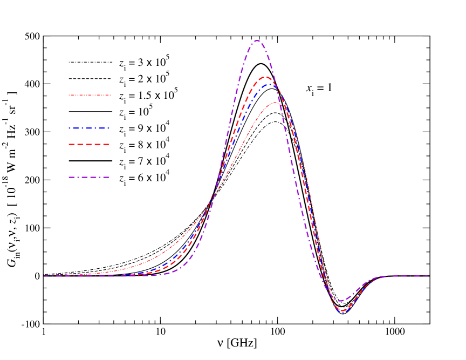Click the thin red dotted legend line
(90, 95)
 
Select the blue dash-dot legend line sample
(90, 128)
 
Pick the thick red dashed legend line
(90, 145)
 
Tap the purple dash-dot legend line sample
(90, 177)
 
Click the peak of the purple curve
(257, 40)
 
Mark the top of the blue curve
(269, 84)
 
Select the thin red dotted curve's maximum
(276, 103)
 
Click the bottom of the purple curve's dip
(340, 301)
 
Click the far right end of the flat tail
(429, 276)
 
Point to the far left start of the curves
(44, 276)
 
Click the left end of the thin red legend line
(69, 95)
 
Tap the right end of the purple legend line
(110, 177)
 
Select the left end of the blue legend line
(69, 128)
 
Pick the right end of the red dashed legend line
(110, 145)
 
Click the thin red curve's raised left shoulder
(162, 254)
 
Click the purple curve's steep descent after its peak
(294, 162)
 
